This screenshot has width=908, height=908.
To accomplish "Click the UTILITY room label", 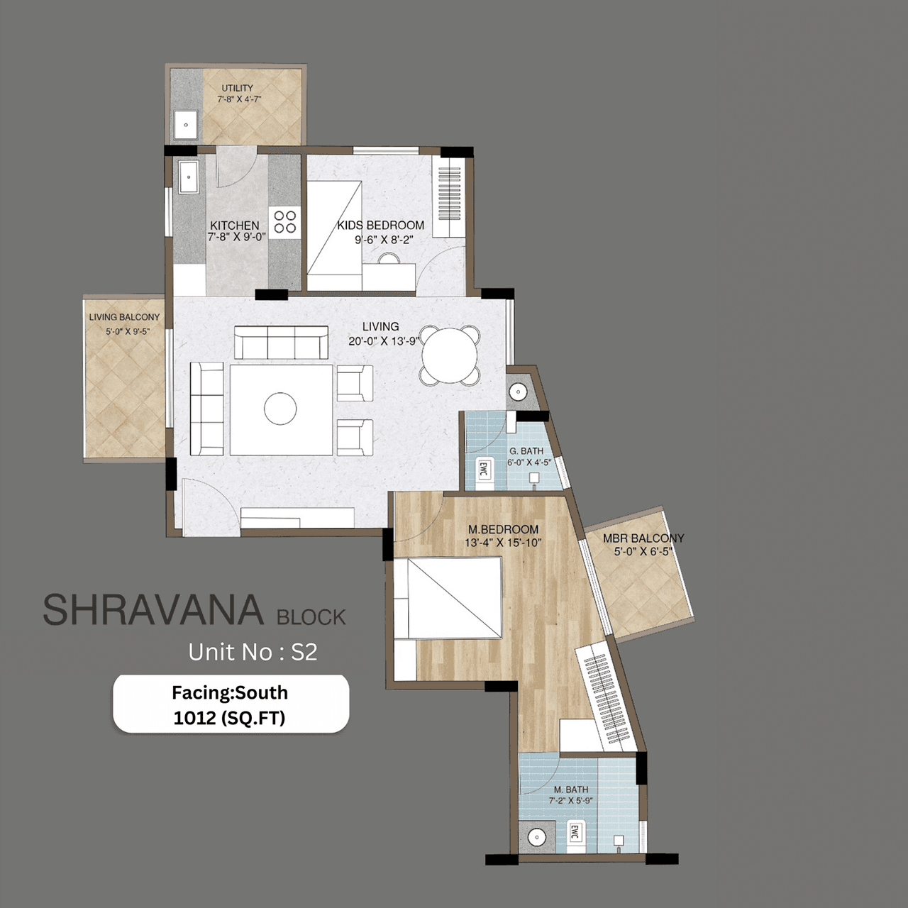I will tap(237, 89).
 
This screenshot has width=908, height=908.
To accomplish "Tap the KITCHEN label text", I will tap(235, 226).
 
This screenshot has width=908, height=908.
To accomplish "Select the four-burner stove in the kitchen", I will tap(285, 221).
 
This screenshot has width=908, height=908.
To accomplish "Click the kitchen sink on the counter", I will tap(188, 177).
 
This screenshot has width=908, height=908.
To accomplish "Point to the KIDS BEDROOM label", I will tap(381, 226).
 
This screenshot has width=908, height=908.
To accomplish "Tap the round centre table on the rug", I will tap(280, 409).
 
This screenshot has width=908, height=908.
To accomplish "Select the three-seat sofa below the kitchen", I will tap(281, 343).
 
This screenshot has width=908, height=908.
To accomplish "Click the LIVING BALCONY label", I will tap(124, 317).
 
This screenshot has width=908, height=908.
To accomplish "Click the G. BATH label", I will tap(526, 451).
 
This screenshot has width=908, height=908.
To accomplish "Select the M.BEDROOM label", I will tap(503, 529).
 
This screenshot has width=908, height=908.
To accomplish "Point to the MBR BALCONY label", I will tap(643, 538).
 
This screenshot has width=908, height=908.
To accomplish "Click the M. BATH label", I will tap(571, 790).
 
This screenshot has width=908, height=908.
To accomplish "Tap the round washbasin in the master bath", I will tap(537, 838).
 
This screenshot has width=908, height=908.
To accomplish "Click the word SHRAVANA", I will tap(153, 610).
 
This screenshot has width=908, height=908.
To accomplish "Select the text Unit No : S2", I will tap(253, 652).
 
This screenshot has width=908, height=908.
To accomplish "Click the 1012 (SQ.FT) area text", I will tap(229, 718).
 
